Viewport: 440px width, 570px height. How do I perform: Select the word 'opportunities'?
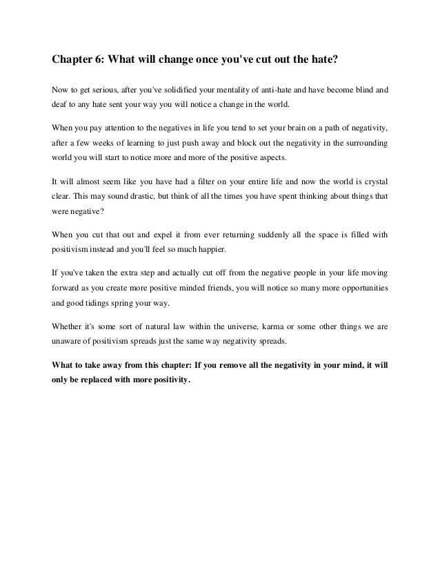(354, 289)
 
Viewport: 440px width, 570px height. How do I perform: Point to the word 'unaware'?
(68, 343)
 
